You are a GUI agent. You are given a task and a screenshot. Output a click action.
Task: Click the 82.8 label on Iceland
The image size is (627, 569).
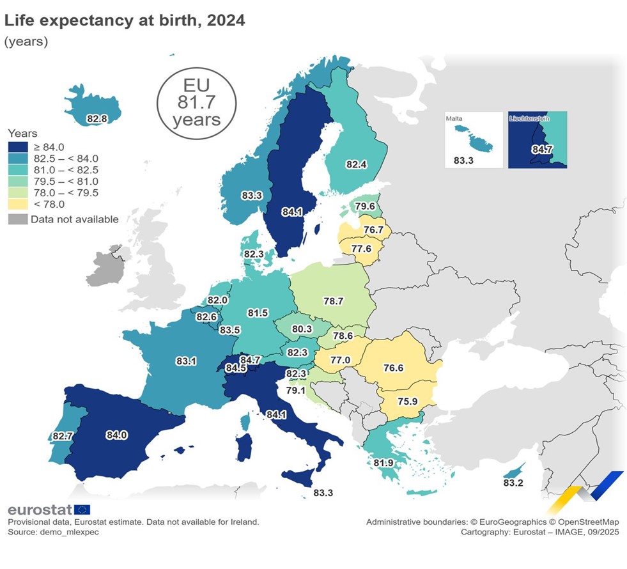97,118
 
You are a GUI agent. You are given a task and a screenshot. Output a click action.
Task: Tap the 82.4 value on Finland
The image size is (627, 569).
356,164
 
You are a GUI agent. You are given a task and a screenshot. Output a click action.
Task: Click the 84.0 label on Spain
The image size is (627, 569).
117,435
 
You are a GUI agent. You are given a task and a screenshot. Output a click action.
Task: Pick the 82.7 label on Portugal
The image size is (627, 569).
63,436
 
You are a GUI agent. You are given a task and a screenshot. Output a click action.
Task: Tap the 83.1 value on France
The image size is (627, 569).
186,361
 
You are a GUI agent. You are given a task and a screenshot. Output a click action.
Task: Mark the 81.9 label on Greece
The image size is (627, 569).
383,462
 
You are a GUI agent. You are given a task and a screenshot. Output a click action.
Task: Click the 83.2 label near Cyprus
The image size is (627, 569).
513,483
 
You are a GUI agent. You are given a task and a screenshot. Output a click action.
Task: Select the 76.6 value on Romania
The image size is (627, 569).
393,368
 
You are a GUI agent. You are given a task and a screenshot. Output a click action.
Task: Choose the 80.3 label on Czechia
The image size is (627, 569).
301,329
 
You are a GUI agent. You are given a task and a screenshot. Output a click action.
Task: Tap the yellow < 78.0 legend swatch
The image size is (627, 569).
17,204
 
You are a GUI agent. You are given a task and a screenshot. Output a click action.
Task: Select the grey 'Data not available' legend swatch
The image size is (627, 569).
17,219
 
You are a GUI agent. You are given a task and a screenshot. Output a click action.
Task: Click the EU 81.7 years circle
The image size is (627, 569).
196,102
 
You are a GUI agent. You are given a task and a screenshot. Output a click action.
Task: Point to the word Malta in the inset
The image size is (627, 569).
456,118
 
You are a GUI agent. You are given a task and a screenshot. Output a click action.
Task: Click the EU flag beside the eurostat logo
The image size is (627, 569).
82,510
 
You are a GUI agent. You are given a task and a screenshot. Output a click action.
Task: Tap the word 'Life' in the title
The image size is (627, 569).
19,20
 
